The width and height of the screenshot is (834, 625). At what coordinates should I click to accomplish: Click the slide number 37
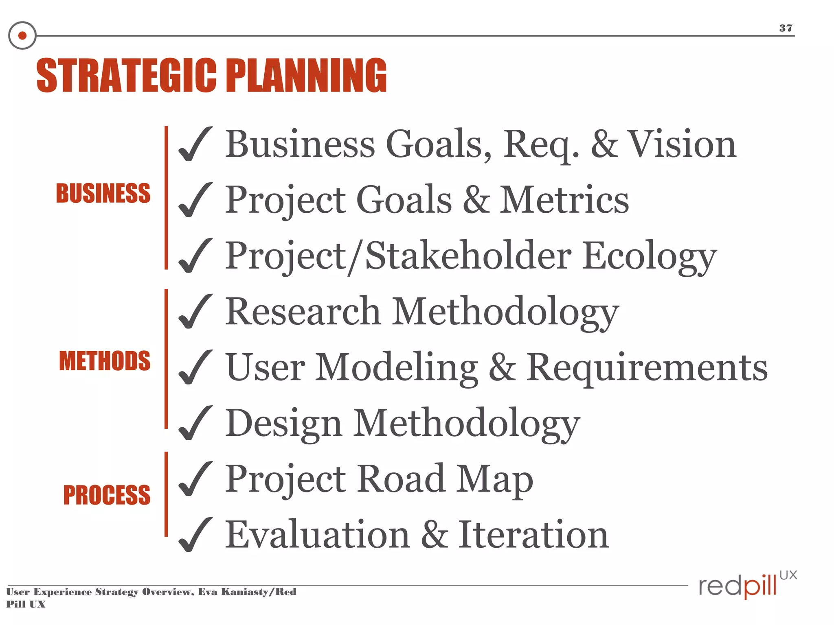tap(786, 28)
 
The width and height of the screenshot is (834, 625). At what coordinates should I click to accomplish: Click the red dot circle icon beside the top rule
tap(22, 36)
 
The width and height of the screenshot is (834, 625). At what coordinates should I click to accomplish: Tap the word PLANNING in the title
tap(306, 76)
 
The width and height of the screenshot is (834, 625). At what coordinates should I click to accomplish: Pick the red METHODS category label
tap(105, 361)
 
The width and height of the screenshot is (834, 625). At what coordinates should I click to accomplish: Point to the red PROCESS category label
tap(107, 495)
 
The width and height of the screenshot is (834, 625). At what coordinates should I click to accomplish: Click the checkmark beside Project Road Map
tap(195, 479)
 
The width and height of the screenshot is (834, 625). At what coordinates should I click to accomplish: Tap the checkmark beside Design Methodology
tap(195, 423)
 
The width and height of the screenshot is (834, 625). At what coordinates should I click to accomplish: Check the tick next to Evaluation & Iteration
tap(195, 535)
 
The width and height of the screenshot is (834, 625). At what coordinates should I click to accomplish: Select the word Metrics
tap(564, 200)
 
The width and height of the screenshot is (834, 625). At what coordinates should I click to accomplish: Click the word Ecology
tap(649, 256)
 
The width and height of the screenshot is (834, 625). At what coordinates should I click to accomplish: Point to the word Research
tap(303, 311)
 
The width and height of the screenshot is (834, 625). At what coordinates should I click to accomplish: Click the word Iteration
tap(533, 535)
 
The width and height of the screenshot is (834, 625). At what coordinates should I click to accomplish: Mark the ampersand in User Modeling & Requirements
tap(502, 367)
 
